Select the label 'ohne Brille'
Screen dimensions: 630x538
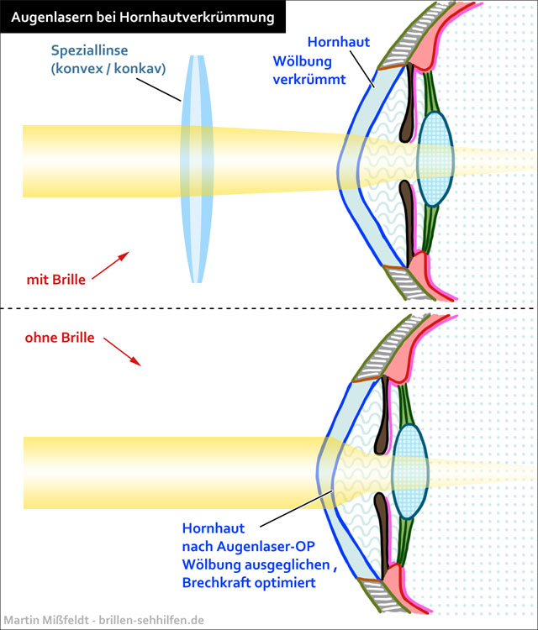click(61, 339)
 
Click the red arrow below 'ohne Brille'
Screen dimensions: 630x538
click(122, 352)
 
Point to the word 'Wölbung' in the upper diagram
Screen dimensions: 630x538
click(298, 61)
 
